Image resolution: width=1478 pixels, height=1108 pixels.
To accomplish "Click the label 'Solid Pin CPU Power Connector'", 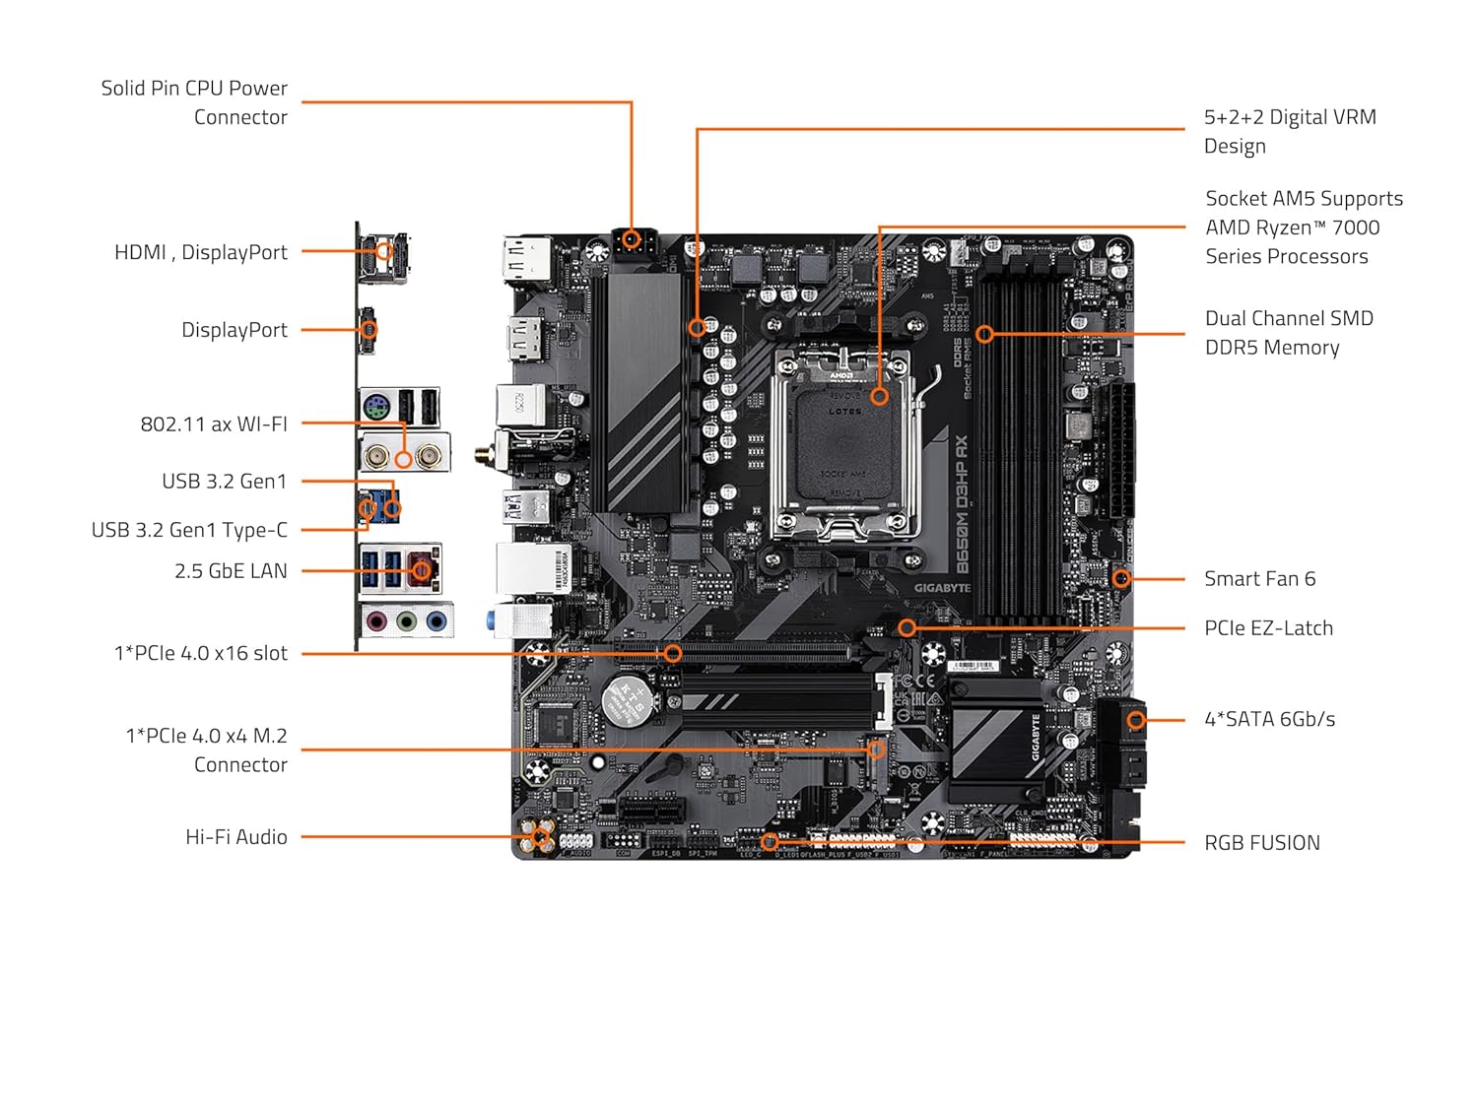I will (194, 102).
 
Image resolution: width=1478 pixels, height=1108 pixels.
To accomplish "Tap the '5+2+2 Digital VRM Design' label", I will (1290, 131).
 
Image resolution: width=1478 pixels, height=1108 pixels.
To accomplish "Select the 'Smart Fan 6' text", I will (1259, 579).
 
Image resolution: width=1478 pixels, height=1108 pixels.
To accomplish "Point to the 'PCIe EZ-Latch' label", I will (1268, 628).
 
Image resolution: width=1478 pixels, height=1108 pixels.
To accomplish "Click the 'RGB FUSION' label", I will (1261, 843).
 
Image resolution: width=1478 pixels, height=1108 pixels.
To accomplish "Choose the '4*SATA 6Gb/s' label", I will (1269, 719).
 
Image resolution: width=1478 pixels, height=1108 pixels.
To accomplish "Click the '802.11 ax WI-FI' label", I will (214, 424).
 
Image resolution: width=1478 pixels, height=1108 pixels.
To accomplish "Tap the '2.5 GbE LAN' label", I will (231, 571).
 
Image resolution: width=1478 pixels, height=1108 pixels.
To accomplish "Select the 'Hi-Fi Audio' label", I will (236, 837).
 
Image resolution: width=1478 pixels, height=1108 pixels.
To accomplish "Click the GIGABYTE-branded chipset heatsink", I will (995, 739).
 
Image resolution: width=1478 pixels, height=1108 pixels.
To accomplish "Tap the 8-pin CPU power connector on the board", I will (632, 242).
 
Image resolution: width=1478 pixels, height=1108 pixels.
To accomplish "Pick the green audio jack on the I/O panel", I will (406, 621).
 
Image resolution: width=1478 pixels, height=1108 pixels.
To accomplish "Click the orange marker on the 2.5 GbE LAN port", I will (422, 570).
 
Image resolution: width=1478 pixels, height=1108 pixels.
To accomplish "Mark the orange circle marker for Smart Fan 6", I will (1121, 579).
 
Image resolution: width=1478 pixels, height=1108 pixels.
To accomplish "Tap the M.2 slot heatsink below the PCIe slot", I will (778, 701).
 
